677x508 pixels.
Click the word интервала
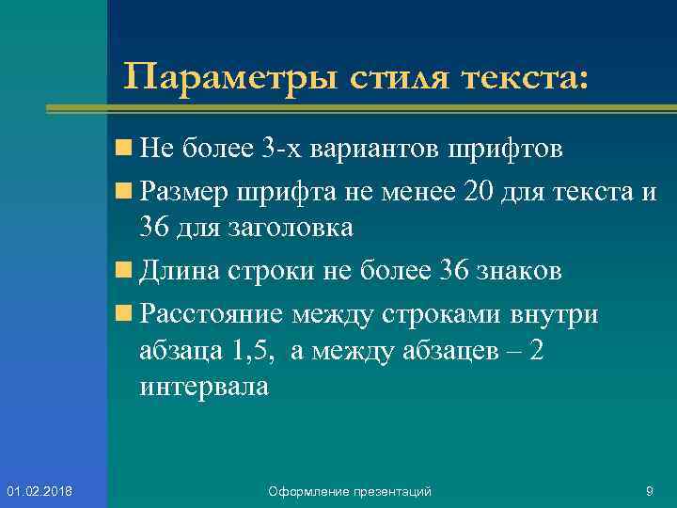203,387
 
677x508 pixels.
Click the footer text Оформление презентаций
350,491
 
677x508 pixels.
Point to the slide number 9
650,490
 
